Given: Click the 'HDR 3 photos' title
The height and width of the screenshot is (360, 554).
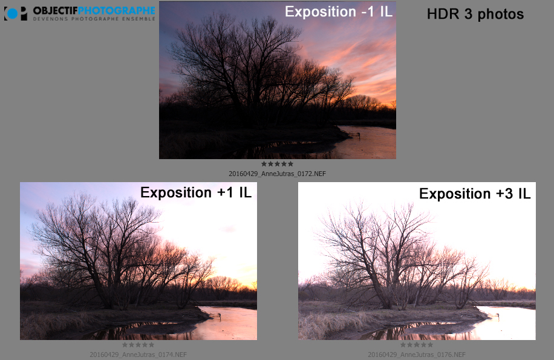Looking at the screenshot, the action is click(x=475, y=14).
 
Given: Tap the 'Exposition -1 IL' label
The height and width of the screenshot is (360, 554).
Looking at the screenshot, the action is click(x=339, y=11).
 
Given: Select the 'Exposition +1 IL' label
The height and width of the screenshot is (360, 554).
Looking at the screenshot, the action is click(x=196, y=192).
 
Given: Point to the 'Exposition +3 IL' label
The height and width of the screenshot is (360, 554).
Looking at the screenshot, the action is click(x=475, y=194).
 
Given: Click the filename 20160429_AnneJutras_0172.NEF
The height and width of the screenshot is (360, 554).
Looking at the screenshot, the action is click(x=278, y=174).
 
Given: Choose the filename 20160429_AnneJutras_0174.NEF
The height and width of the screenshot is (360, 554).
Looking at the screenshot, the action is click(x=138, y=355).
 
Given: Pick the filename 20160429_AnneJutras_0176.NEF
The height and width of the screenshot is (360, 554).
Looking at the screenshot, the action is click(x=417, y=355).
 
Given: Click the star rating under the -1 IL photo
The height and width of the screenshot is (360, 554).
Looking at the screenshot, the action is click(x=278, y=164).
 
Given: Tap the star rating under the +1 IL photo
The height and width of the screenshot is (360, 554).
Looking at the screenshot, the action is click(x=138, y=345).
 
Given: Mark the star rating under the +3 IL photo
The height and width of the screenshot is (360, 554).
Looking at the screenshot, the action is click(x=417, y=345).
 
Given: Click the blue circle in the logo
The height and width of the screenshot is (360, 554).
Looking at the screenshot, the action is click(x=12, y=13).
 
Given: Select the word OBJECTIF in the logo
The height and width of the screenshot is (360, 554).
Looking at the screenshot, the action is click(x=55, y=11).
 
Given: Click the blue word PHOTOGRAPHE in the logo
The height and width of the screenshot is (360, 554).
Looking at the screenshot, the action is click(x=116, y=11).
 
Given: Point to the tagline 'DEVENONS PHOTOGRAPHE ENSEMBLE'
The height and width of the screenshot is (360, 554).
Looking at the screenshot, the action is click(x=94, y=19).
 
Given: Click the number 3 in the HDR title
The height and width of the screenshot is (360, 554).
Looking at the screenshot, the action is click(x=468, y=14).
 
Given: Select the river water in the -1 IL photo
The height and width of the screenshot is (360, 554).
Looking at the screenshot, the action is click(x=368, y=142).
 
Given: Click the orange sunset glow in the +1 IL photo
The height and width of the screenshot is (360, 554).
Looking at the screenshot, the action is click(x=244, y=281).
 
